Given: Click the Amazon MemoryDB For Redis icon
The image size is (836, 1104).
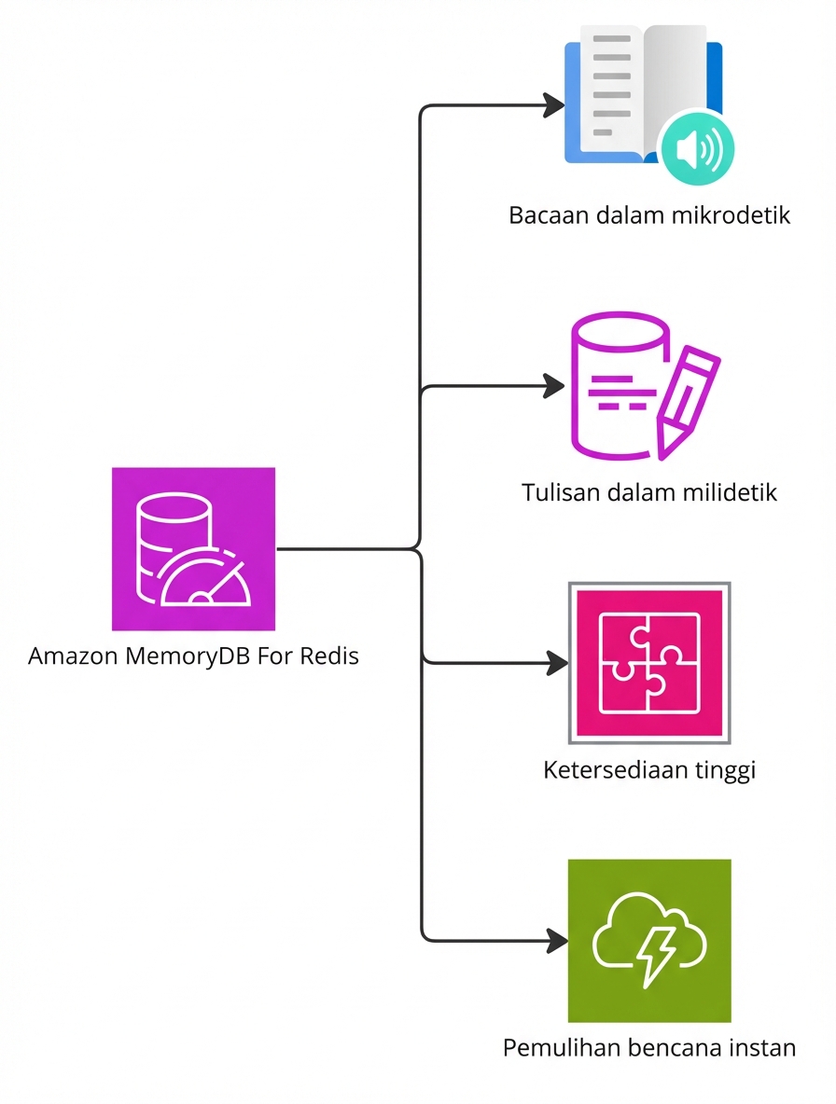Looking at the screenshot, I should point(193,548).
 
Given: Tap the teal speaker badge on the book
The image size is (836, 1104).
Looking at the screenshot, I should point(695,148).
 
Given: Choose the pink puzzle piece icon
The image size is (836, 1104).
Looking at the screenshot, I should point(649,663).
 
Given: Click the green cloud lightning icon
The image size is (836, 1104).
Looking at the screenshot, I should point(649,941).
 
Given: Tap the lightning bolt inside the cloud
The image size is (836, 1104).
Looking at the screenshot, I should point(655,952).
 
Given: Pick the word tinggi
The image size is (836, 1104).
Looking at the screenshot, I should point(725,771).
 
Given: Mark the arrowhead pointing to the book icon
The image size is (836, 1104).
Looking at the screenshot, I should point(557,104).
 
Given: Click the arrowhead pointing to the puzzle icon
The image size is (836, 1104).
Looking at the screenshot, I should point(557,663).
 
